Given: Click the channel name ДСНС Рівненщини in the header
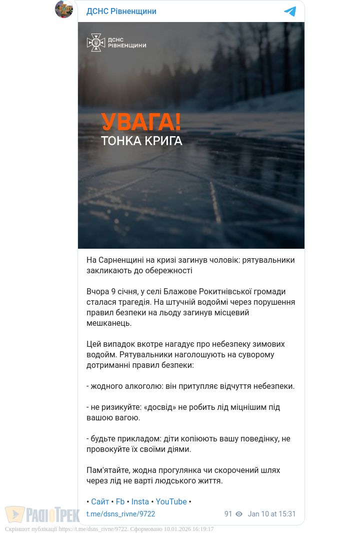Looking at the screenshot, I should [121, 11].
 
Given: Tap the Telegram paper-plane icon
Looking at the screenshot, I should [290, 12].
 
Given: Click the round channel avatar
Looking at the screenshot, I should [64, 9].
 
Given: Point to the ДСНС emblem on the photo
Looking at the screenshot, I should [95, 43].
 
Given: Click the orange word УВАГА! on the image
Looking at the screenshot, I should [141, 122].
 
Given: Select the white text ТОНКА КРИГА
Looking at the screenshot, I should [141, 141].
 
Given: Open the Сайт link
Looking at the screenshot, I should [100, 501].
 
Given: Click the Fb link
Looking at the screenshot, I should [120, 501].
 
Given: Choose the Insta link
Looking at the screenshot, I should [140, 501].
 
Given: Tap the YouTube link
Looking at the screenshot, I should [171, 501].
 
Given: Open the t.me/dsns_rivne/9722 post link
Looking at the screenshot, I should [121, 514].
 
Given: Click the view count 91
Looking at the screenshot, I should [228, 514].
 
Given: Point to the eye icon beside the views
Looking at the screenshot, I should [239, 514].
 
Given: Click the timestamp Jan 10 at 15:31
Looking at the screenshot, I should [272, 514].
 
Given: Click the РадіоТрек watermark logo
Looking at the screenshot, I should [42, 514].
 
